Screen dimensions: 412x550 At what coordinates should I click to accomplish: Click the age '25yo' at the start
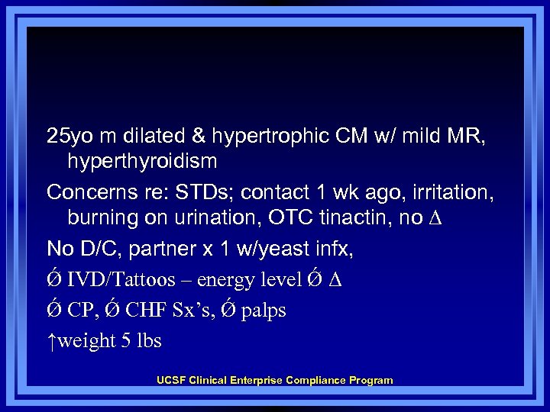click(66, 137)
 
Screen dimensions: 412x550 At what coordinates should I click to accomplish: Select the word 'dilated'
click(141, 137)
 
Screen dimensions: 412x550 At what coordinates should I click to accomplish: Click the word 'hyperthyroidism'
click(142, 162)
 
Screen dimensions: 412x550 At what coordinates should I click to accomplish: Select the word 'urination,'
click(221, 218)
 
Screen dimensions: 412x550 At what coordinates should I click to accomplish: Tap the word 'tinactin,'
click(351, 218)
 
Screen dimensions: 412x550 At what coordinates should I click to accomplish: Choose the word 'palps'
click(264, 311)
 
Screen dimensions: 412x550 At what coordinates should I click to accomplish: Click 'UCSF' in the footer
click(170, 380)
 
